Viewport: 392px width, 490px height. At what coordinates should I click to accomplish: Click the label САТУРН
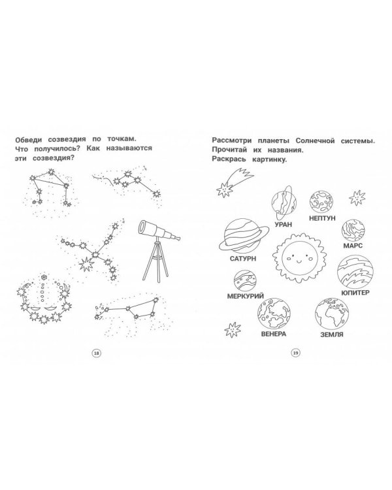coord(242,259)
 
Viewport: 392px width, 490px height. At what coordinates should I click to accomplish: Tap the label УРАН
coord(283,224)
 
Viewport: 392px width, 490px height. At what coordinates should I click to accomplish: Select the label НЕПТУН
coord(322,218)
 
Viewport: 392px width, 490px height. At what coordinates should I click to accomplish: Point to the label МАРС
coord(353,245)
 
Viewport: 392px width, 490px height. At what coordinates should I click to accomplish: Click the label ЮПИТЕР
coord(355,293)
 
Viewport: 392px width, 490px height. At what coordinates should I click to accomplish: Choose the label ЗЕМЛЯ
coord(332,335)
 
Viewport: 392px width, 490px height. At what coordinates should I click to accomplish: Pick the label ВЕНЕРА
coord(274,334)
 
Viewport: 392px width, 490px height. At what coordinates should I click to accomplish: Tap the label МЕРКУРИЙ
coord(246,295)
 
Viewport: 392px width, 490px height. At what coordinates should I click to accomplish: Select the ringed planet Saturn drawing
coord(242,236)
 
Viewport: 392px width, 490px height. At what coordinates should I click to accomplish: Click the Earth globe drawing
coord(332,314)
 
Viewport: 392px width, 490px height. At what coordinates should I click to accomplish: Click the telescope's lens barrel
coord(159,231)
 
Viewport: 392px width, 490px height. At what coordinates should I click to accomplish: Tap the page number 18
coord(96,353)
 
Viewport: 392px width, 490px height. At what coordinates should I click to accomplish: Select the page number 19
coord(295,353)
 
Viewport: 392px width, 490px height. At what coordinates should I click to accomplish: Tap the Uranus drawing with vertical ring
coord(284,203)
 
